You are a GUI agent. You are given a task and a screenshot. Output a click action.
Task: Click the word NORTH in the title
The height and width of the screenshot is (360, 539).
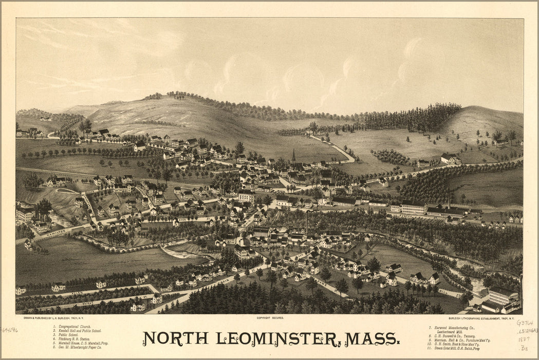(175, 338)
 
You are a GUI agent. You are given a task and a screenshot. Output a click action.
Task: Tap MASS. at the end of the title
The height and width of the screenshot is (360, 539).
(372, 338)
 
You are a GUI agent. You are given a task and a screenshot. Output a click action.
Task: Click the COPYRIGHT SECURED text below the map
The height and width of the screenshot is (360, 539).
(270, 318)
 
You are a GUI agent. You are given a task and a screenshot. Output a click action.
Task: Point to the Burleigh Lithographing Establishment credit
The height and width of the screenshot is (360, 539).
(478, 318)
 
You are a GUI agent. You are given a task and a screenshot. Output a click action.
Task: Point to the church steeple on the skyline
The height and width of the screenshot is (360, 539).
(293, 156)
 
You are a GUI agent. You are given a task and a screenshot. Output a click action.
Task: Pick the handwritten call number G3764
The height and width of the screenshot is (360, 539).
(524, 323)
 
